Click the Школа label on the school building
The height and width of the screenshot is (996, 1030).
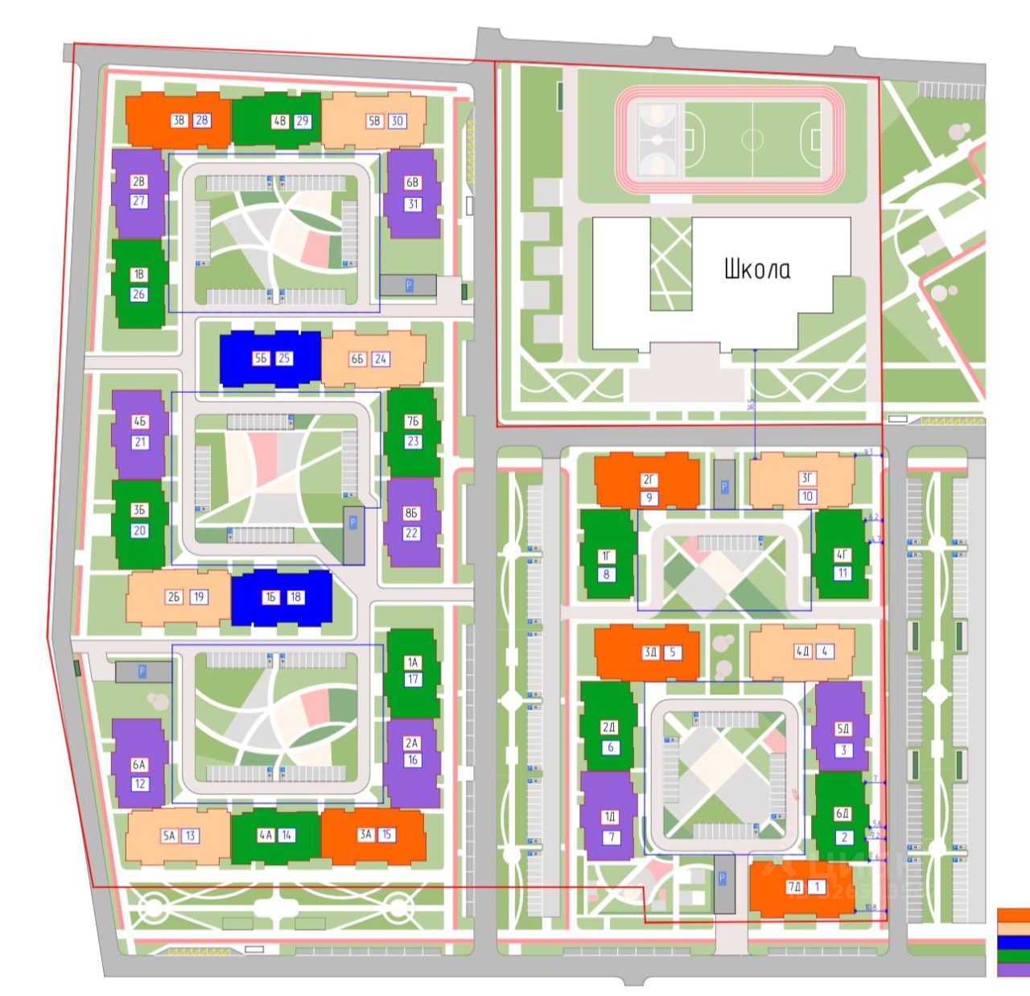click(756, 268)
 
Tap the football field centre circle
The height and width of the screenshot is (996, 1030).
click(752, 139)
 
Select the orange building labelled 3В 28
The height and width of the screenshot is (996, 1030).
click(179, 121)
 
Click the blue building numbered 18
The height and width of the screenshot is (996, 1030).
click(282, 597)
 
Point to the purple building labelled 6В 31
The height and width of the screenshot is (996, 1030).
click(413, 193)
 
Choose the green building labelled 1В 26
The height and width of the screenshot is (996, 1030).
click(139, 283)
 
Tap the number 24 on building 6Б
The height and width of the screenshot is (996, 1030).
click(381, 358)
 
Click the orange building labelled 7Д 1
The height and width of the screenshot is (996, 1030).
click(801, 888)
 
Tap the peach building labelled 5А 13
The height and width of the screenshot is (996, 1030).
click(179, 836)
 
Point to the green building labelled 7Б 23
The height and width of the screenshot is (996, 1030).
click(413, 432)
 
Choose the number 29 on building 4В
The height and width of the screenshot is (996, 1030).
click(303, 122)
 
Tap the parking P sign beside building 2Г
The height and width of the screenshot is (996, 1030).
click(724, 486)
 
